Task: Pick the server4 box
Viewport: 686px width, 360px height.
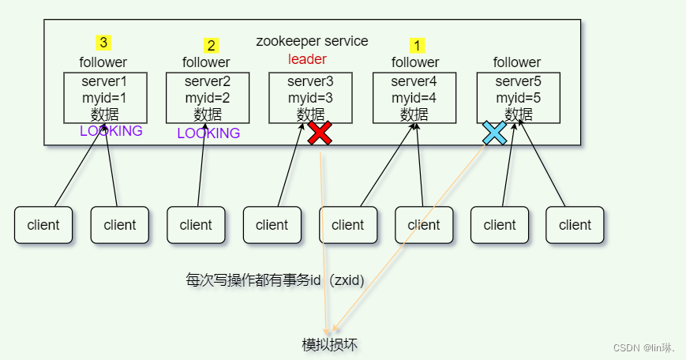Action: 414,97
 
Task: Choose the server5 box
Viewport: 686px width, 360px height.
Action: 519,97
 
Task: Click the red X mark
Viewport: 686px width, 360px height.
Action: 320,133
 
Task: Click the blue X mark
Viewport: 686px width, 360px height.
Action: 495,133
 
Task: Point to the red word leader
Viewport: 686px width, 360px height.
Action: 307,59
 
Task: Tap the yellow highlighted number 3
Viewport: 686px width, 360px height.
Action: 103,42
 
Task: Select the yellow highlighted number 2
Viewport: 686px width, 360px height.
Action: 210,45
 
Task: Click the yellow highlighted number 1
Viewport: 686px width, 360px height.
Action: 418,45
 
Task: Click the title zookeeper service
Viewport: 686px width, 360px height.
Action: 312,41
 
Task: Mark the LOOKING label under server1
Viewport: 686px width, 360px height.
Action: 111,131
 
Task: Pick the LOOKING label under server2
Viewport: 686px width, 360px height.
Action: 208,133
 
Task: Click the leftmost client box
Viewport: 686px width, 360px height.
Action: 43,225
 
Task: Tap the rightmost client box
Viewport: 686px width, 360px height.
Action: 575,225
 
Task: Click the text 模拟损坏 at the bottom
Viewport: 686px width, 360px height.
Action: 334,345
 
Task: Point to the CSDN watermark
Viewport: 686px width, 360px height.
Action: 644,347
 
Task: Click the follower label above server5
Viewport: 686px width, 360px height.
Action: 517,62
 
